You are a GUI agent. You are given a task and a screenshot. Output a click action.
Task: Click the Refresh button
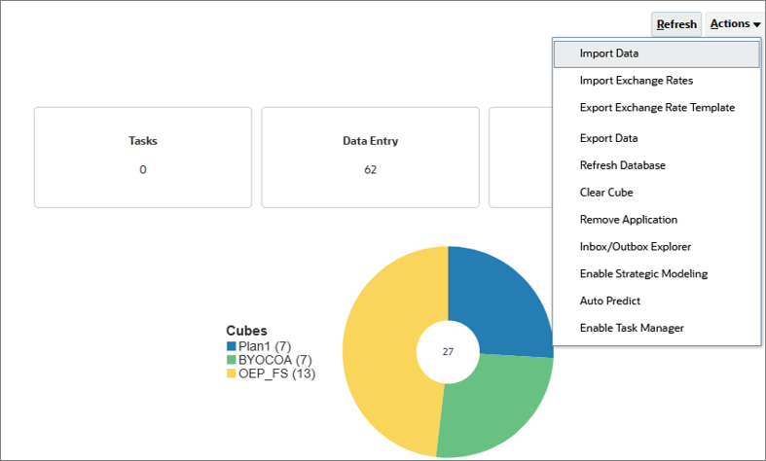click(676, 24)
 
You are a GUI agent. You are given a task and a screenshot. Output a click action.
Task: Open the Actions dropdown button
click(735, 24)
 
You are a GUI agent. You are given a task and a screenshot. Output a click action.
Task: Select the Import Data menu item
click(608, 53)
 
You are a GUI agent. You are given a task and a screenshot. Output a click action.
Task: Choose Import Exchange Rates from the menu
click(636, 81)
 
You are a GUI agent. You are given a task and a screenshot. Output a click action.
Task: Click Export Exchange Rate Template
click(657, 108)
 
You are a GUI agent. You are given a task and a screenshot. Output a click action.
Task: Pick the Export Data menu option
click(608, 138)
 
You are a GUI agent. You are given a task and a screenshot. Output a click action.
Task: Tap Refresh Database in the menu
click(622, 165)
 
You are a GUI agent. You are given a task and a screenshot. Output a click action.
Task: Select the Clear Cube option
click(606, 193)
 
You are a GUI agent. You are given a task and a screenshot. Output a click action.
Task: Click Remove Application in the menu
click(628, 220)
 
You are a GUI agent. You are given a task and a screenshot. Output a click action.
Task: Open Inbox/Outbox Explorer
click(635, 247)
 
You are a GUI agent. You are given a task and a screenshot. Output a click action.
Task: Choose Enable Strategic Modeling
click(643, 274)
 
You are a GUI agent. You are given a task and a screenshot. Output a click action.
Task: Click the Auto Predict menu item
click(609, 301)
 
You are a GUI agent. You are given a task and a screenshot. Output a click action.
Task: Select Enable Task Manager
click(632, 329)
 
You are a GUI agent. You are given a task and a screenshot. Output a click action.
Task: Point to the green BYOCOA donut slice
click(492, 408)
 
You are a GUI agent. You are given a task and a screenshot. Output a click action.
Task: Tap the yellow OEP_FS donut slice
click(384, 350)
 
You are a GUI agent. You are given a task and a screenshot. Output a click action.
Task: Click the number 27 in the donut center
click(448, 352)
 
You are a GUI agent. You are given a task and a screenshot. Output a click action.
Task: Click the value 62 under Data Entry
click(370, 170)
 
